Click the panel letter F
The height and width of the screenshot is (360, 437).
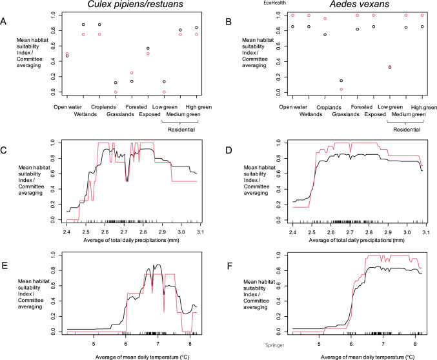[x=223, y=265]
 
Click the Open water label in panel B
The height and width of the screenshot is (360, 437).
[x=293, y=107]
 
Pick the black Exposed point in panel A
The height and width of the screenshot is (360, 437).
[x=148, y=48]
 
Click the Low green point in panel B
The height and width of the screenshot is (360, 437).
[x=390, y=66]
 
